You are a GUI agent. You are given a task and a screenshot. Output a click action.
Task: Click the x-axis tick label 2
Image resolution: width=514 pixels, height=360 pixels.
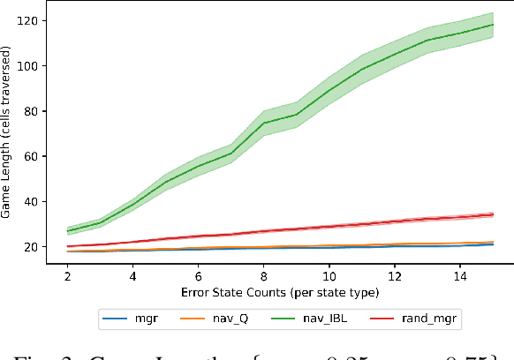(x=68, y=274)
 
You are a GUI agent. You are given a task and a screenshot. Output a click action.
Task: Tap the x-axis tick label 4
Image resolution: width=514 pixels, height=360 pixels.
(x=133, y=274)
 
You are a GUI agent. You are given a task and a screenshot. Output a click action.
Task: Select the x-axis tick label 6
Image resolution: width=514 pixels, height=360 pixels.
(x=199, y=274)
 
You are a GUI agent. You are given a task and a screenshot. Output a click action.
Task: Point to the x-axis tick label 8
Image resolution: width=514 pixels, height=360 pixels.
(x=264, y=274)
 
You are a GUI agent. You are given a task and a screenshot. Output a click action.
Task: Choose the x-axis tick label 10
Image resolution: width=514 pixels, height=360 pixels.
(x=329, y=274)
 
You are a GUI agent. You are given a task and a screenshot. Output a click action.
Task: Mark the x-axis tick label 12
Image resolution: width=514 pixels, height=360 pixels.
(x=395, y=274)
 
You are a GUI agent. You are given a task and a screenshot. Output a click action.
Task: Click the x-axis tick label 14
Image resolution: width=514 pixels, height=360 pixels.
(x=460, y=274)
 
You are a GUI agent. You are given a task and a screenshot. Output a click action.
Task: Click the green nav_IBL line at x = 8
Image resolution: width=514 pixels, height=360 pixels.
(x=264, y=123)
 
